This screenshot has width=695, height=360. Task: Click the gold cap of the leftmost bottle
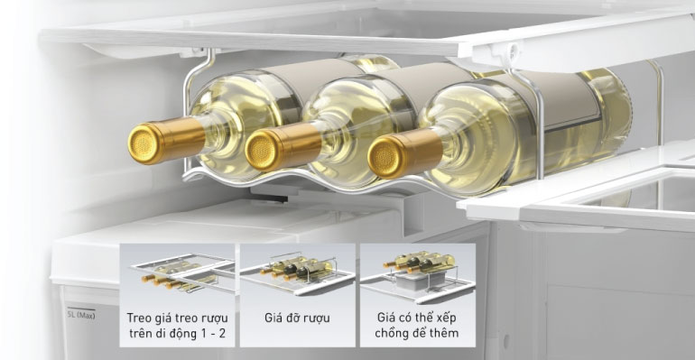pos(144,143)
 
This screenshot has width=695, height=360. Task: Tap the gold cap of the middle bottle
pos(261,151)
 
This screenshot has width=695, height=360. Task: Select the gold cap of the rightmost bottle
pos(384,157)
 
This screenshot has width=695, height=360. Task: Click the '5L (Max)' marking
pos(80,315)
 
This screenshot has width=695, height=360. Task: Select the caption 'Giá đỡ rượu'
pos(298,318)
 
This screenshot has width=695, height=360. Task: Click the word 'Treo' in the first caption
pos(140,318)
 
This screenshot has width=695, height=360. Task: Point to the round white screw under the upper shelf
pos(514,49)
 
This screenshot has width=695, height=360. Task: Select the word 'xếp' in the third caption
pos(447,318)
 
